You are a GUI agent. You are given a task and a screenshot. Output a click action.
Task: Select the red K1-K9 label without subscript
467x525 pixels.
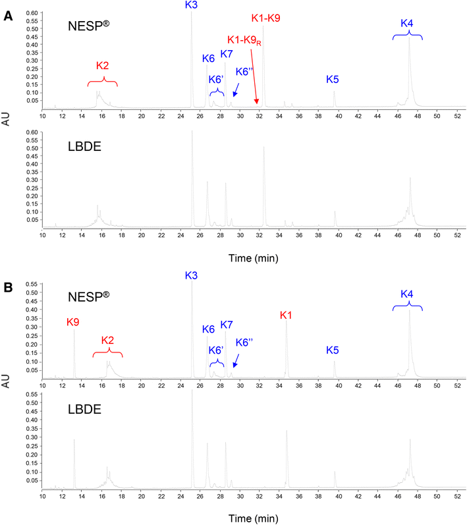pyautogui.click(x=266, y=18)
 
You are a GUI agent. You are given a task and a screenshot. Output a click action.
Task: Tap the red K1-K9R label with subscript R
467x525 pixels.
pyautogui.click(x=244, y=41)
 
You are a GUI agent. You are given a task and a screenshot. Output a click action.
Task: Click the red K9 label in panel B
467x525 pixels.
pyautogui.click(x=73, y=322)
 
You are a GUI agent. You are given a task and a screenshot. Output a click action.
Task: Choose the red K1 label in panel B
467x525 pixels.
pyautogui.click(x=286, y=316)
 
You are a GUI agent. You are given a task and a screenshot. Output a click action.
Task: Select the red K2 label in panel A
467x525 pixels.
pyautogui.click(x=102, y=65)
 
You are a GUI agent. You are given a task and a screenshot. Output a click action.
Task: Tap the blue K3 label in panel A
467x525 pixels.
pyautogui.click(x=192, y=5)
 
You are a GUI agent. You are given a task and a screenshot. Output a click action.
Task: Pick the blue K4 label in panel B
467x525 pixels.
pyautogui.click(x=407, y=293)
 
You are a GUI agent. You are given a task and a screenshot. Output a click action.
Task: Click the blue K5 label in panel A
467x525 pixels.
pyautogui.click(x=333, y=79)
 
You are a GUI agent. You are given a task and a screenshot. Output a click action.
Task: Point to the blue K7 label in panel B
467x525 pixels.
pyautogui.click(x=227, y=325)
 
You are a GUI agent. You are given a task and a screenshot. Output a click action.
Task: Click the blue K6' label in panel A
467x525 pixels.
pyautogui.click(x=215, y=79)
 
